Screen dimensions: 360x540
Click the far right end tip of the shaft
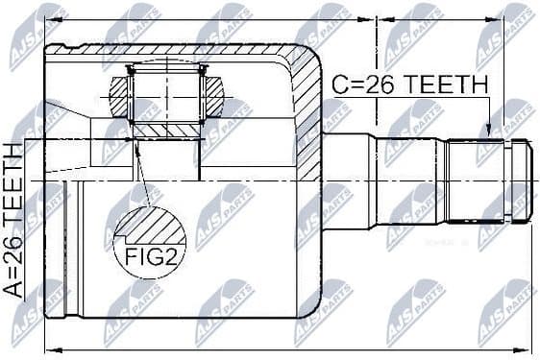tap(532, 180)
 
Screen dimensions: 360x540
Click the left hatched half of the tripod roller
tap(118, 97)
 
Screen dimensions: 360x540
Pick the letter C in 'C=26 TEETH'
tap(339, 84)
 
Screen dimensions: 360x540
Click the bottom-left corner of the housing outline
tap(48, 318)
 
